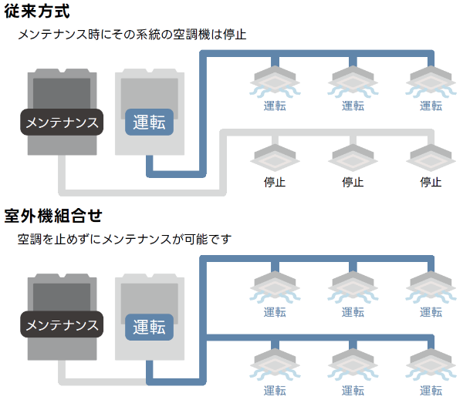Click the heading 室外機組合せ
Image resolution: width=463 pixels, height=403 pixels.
(x=53, y=215)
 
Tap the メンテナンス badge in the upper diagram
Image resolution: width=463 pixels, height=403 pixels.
(x=62, y=122)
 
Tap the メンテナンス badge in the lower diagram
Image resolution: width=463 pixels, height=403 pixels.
(x=62, y=325)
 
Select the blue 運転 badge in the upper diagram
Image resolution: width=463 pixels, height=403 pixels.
(x=149, y=122)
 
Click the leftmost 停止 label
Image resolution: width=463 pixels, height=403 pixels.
(x=275, y=183)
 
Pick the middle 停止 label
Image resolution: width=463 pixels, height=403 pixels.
(x=353, y=183)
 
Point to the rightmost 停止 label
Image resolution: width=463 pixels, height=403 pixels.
(x=431, y=183)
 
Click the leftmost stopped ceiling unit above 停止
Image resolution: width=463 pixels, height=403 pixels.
(x=275, y=156)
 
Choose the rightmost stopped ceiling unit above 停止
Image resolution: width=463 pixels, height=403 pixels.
(x=431, y=156)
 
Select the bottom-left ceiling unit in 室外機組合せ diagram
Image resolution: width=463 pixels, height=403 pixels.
(x=275, y=362)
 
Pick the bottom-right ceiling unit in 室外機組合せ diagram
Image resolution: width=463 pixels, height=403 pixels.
(x=431, y=362)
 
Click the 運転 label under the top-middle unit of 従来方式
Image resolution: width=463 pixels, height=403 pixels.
(x=353, y=106)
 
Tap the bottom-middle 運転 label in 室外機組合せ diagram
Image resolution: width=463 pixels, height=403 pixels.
(x=353, y=390)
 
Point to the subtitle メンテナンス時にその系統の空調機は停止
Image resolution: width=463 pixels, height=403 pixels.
(x=131, y=35)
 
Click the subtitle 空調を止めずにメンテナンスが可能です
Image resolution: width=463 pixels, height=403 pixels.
(x=123, y=239)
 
